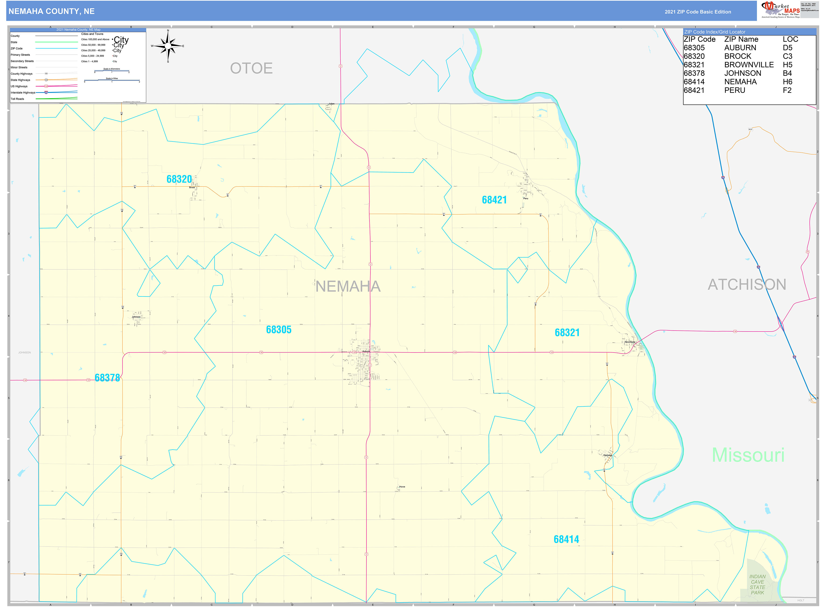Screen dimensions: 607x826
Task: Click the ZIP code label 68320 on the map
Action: [x=179, y=179]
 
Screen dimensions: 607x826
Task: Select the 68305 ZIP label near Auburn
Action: [x=279, y=330]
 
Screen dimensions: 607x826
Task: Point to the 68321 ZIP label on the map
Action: [x=567, y=333]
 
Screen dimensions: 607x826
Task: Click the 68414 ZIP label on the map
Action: [x=566, y=539]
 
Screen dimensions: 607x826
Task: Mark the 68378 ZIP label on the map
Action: [x=107, y=378]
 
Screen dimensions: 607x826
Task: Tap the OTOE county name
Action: [x=251, y=68]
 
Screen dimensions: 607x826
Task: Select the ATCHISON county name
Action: [x=747, y=285]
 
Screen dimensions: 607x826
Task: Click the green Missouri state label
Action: [x=748, y=455]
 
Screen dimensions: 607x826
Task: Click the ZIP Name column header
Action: [x=741, y=39]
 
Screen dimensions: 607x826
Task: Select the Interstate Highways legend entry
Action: [x=23, y=93]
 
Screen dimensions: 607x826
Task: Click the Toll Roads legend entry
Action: [x=17, y=99]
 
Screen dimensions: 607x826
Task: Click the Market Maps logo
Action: [x=780, y=10]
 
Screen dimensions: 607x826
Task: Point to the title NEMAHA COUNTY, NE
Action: [x=51, y=11]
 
